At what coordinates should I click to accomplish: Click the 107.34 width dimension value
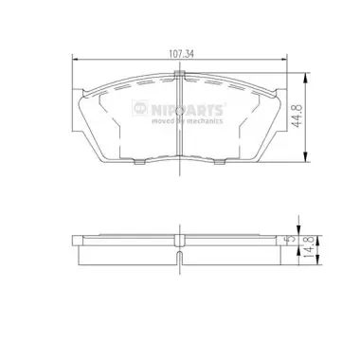pyautogui.click(x=181, y=54)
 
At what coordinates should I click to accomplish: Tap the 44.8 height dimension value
pyautogui.click(x=297, y=116)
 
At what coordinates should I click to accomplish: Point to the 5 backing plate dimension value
pyautogui.click(x=291, y=239)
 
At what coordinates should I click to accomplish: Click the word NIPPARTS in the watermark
pyautogui.click(x=188, y=110)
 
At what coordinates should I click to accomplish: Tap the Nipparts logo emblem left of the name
pyautogui.click(x=140, y=108)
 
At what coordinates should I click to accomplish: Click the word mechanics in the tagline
pyautogui.click(x=205, y=121)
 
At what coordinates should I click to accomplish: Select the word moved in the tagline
pyautogui.click(x=161, y=121)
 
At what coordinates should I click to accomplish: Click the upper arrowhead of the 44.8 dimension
pyautogui.click(x=305, y=78)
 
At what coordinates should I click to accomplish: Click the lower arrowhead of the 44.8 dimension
pyautogui.click(x=305, y=157)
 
